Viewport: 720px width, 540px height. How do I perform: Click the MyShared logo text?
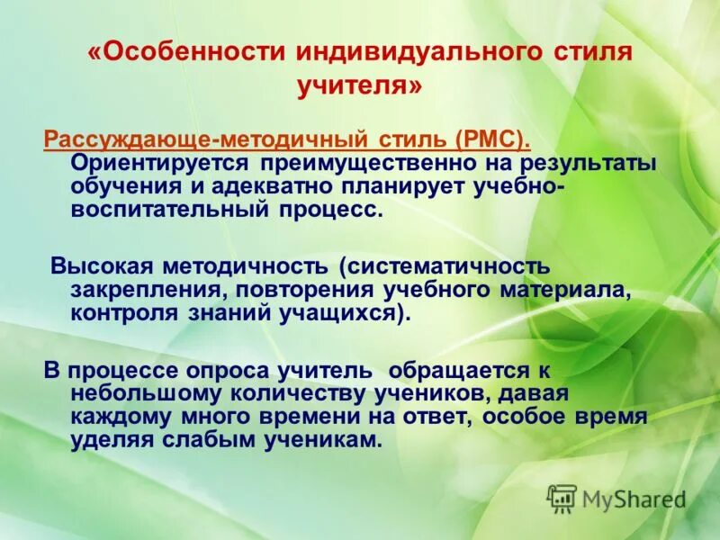point(634,499)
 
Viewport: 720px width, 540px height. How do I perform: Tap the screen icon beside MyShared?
point(562,498)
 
